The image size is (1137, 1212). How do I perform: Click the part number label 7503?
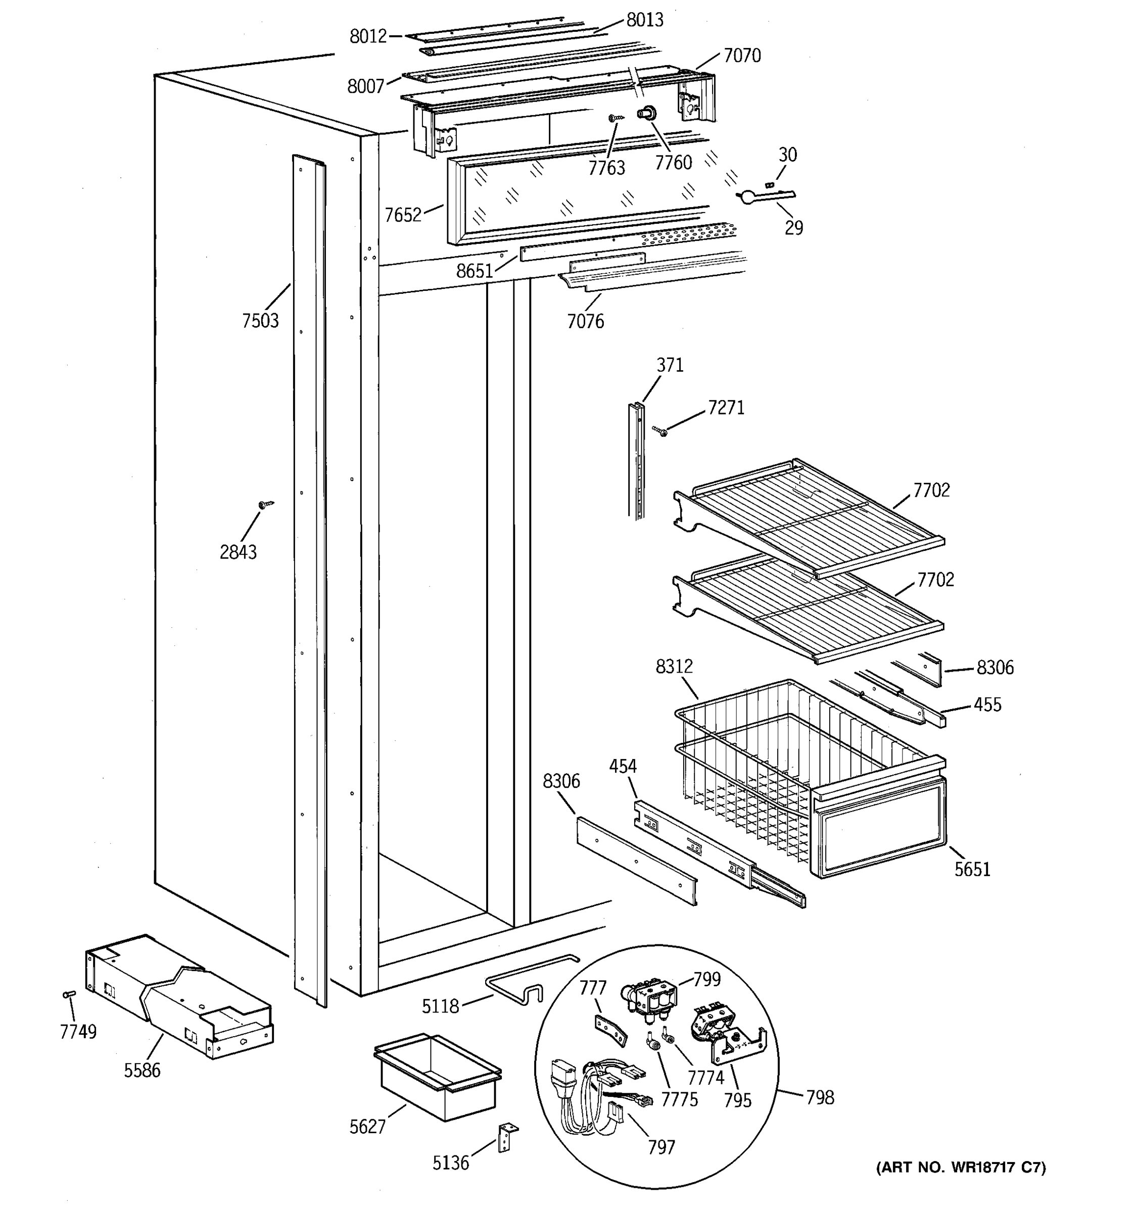click(x=260, y=321)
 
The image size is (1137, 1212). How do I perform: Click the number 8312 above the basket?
click(x=674, y=667)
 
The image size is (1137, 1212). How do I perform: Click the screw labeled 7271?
click(x=660, y=431)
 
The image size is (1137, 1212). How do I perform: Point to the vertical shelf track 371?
click(x=636, y=460)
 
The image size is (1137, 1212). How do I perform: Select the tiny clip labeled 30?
click(x=770, y=184)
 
